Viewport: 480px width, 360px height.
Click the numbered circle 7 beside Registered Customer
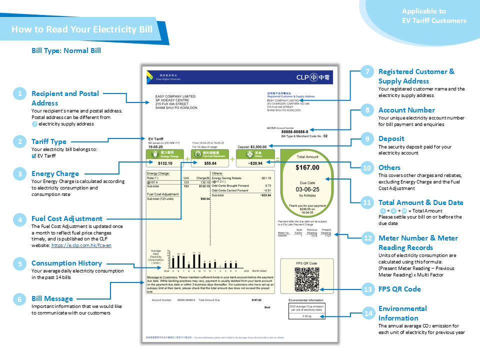367,71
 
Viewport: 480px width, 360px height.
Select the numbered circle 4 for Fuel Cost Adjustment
19,218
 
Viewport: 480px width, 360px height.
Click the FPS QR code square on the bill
307,279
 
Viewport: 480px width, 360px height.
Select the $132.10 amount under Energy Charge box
165,163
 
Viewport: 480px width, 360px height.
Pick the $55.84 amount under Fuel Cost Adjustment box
210,163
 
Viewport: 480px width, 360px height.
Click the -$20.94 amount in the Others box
255,163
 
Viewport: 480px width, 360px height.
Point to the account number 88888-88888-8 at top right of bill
294,131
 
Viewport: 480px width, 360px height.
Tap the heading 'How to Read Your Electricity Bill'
82,29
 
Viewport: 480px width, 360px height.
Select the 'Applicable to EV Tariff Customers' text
434,16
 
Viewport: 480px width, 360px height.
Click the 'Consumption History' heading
66,263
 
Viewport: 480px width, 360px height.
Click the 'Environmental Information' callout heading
405,313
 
